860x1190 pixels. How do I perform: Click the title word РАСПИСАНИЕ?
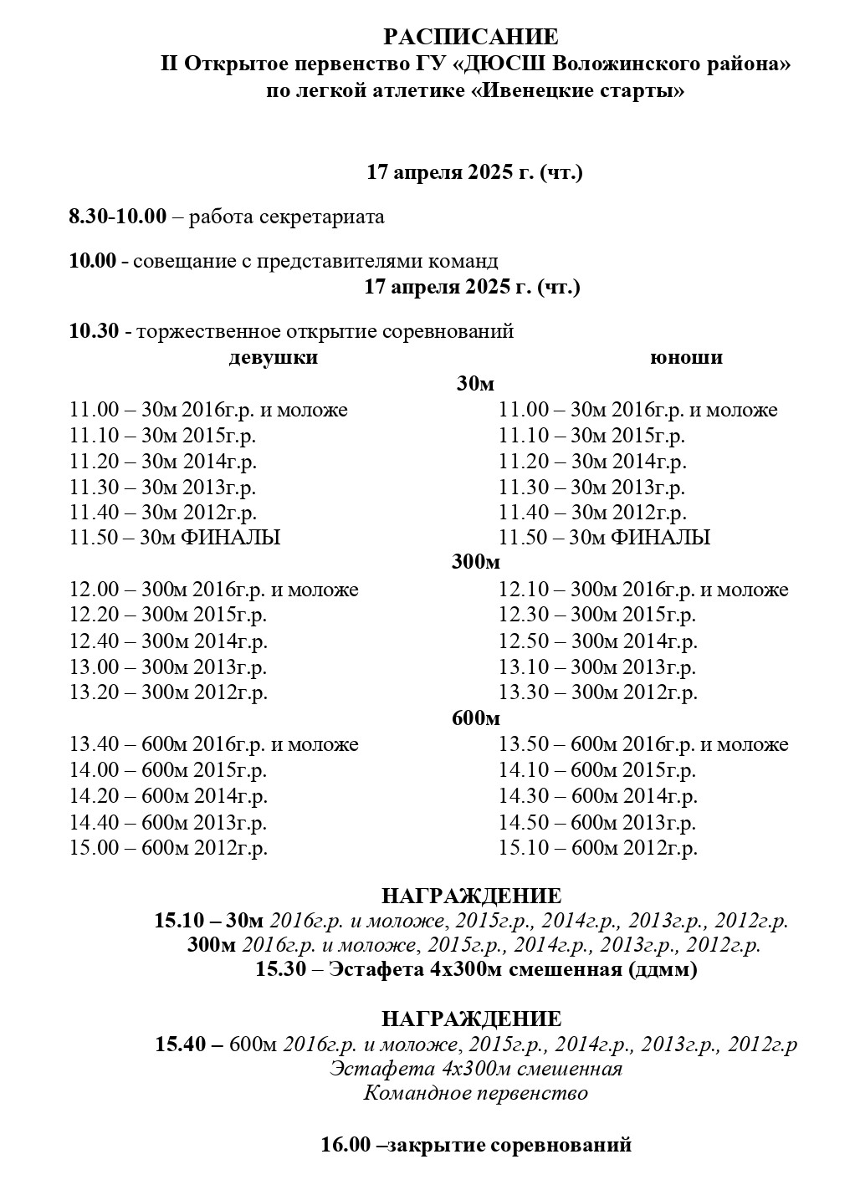[x=471, y=38]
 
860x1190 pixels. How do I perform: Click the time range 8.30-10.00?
[x=118, y=217]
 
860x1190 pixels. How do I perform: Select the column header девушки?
[x=273, y=358]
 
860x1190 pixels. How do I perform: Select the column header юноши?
[x=686, y=358]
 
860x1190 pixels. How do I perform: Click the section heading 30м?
[x=475, y=384]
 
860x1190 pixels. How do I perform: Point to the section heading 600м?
[x=475, y=718]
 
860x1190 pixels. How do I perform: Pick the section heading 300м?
[x=475, y=563]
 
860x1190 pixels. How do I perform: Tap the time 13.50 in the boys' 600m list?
[x=523, y=744]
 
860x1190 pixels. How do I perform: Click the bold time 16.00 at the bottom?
[x=346, y=1145]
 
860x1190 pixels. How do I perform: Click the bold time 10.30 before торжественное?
[x=94, y=331]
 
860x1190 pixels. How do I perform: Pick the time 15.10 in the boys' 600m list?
[x=523, y=848]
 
